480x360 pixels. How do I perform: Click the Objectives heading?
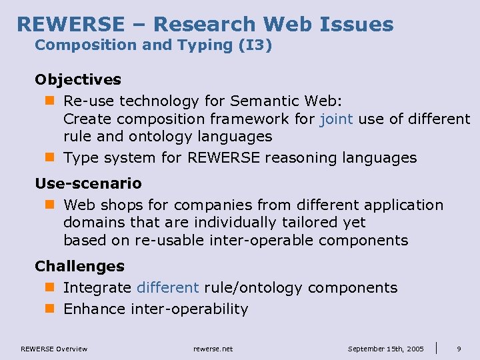pos(78,79)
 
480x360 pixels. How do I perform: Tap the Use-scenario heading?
pos(88,183)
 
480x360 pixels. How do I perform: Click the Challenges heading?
pos(79,266)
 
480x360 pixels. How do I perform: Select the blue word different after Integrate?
pos(167,287)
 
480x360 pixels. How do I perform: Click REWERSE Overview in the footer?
pos(53,349)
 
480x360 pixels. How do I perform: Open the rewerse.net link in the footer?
pos(213,349)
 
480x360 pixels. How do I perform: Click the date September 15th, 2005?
pos(386,349)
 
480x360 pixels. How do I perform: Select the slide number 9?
pos(459,349)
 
